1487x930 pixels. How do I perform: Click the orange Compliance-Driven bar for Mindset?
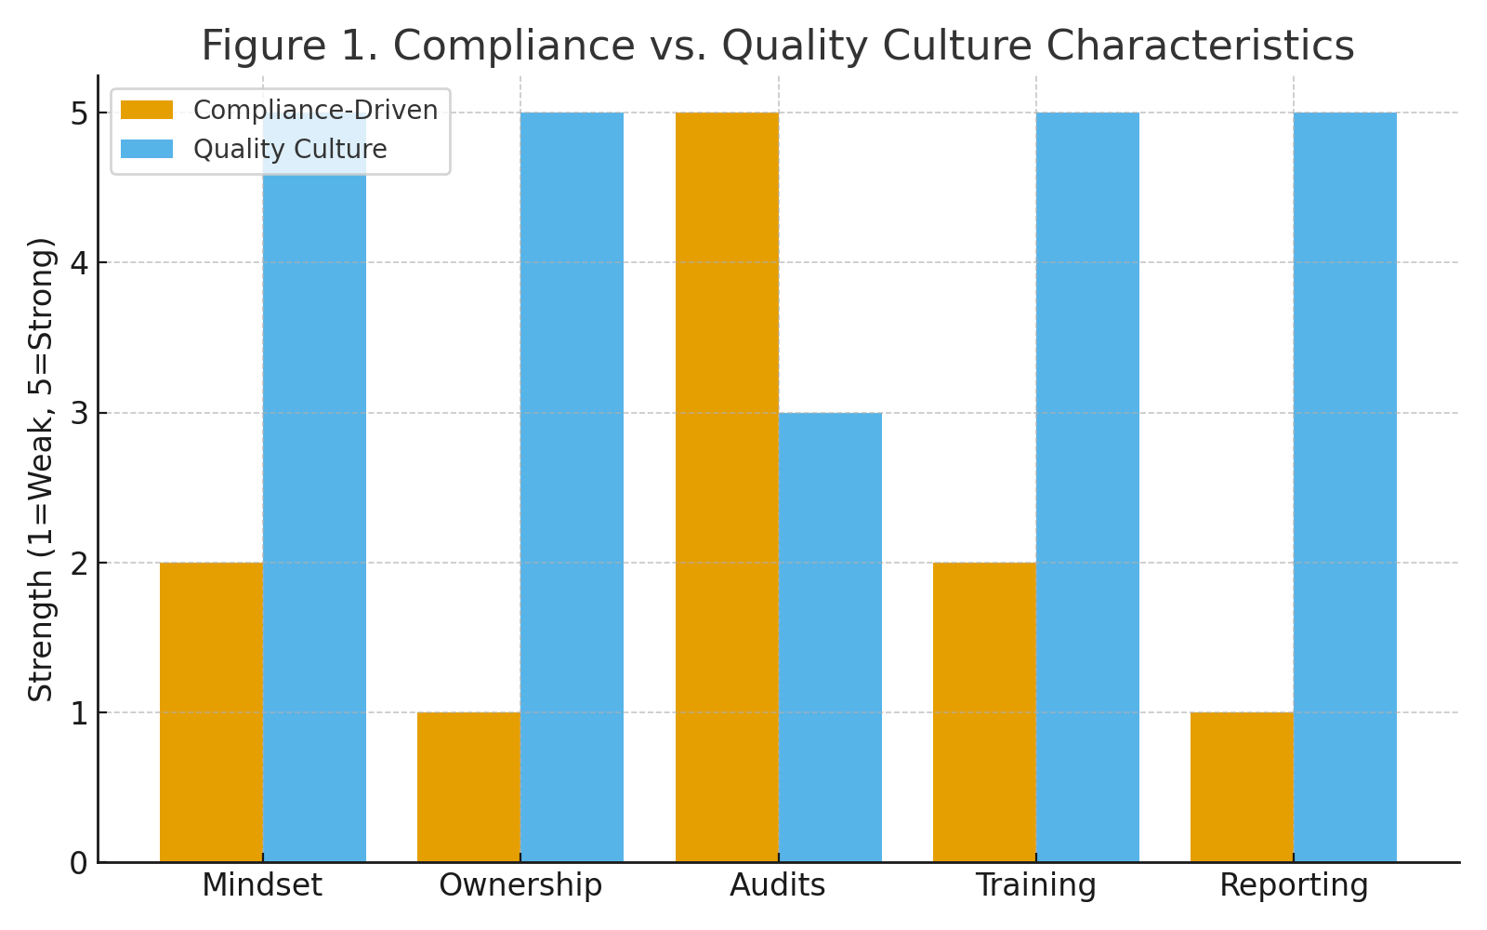coord(211,712)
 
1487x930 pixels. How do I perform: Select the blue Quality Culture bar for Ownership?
coord(572,487)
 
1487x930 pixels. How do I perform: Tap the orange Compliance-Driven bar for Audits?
coord(727,487)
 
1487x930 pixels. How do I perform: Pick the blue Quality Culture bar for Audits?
coord(830,637)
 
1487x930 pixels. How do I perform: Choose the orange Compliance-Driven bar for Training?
coord(984,712)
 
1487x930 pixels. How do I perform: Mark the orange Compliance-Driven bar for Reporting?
coord(1242,787)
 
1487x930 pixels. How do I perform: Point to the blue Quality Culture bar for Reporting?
coord(1345,487)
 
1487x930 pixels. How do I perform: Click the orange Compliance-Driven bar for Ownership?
coord(468,787)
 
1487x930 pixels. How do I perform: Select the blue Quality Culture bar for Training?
coord(1087,487)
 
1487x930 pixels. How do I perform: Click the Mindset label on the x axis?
coord(262,885)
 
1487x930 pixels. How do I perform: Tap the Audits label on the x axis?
coord(778,885)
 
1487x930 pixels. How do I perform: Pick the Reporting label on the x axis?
coord(1294,885)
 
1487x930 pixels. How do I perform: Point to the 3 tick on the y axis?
coord(78,413)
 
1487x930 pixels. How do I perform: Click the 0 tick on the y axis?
coord(78,863)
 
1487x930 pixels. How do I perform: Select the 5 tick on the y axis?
coord(78,113)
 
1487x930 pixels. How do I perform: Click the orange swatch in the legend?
coord(147,111)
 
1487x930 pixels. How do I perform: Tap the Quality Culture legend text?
coord(290,150)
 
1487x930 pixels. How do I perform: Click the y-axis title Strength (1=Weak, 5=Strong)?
coord(41,470)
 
